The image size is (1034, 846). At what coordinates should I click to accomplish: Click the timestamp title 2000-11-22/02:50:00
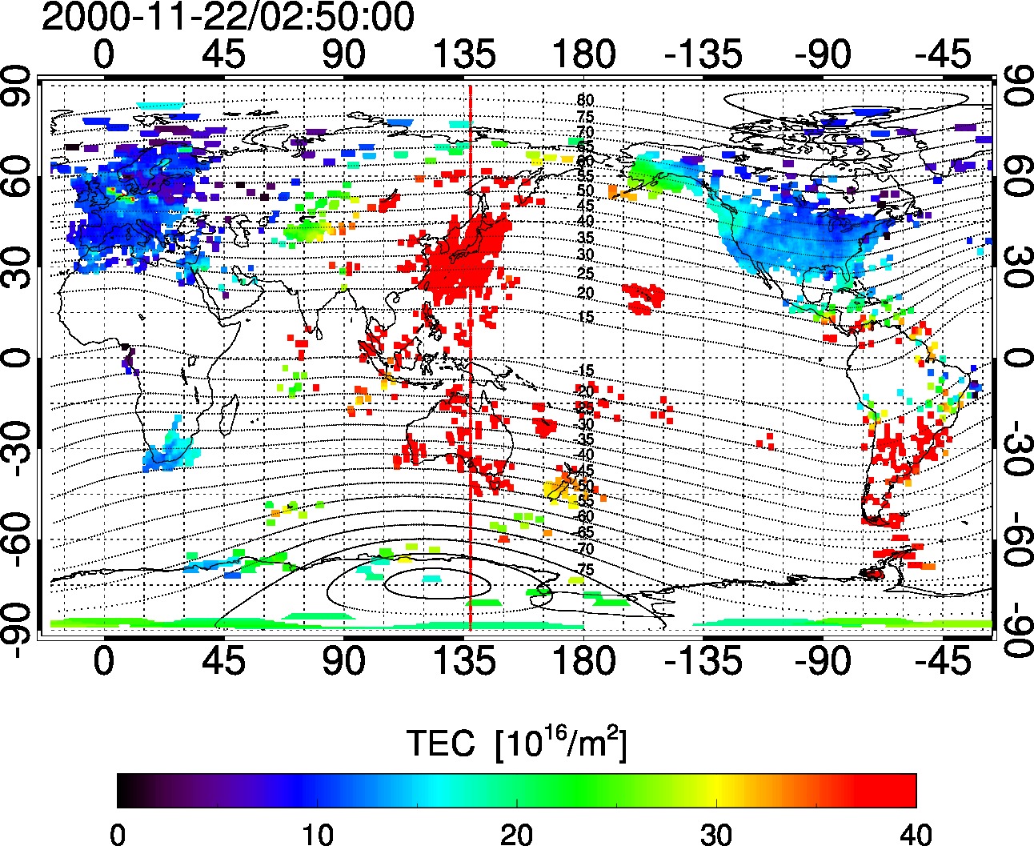(228, 18)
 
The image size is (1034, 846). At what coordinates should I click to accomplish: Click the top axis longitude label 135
(465, 55)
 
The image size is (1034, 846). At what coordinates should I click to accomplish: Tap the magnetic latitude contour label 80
(585, 101)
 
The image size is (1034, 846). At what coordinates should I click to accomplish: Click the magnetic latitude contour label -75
(585, 570)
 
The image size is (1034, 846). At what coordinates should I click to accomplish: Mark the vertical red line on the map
(470, 360)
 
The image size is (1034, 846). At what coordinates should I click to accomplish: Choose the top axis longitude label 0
(104, 55)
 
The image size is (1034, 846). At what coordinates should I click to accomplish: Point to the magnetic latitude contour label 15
(585, 318)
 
